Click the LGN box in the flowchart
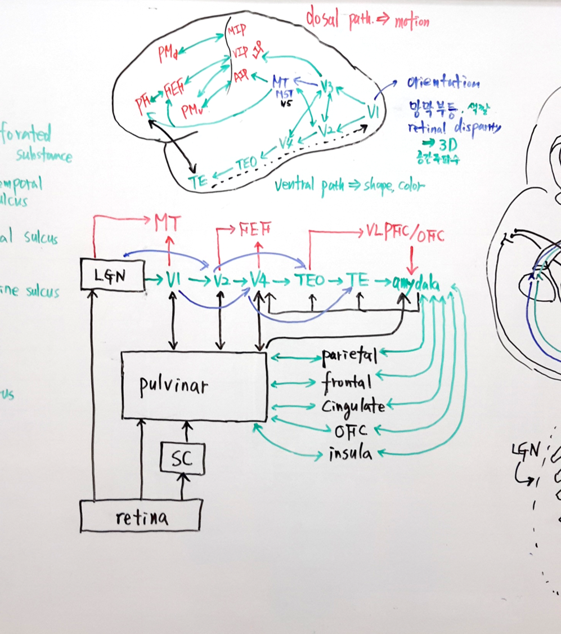point(113,275)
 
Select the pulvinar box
point(194,386)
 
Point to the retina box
point(141,516)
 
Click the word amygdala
point(417,282)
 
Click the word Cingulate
point(353,407)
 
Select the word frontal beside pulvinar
point(346,382)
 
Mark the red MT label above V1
point(168,224)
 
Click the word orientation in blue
point(443,83)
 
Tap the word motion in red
point(411,22)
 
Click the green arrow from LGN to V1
point(154,278)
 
